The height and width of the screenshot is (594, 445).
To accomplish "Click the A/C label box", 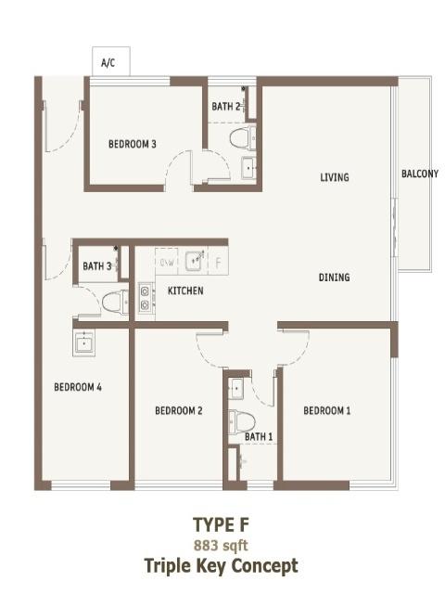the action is pos(111,61).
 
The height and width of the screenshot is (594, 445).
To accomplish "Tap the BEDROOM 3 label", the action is pos(132,144).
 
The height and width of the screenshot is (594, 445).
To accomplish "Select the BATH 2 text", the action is pos(226,107).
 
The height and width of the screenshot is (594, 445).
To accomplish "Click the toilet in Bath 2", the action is pos(243,138).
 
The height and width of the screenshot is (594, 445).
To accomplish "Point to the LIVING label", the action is pos(335,177).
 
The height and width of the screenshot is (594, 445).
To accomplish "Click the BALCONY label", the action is pos(420,174).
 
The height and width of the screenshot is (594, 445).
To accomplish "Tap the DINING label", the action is pos(334,278).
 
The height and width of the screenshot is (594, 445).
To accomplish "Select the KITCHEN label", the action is pos(185,291).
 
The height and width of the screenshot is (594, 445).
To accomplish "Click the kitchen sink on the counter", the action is pos(196,261).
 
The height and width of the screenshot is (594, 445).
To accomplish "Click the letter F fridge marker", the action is pos(219,263).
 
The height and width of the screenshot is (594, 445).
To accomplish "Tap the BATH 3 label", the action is pos(97,266).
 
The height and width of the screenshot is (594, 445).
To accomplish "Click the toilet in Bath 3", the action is pos(115,302).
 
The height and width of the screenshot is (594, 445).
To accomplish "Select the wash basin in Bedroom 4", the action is pos(83,342).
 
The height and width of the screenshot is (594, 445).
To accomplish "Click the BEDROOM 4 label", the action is pos(78,387).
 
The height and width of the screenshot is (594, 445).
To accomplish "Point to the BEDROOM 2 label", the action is pos(179,410).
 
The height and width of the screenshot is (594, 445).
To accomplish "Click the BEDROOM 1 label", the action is pos(327,410).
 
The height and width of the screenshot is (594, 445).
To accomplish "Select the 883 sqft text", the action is pos(221,546).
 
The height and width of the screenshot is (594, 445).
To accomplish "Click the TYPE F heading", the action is pos(222,524).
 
